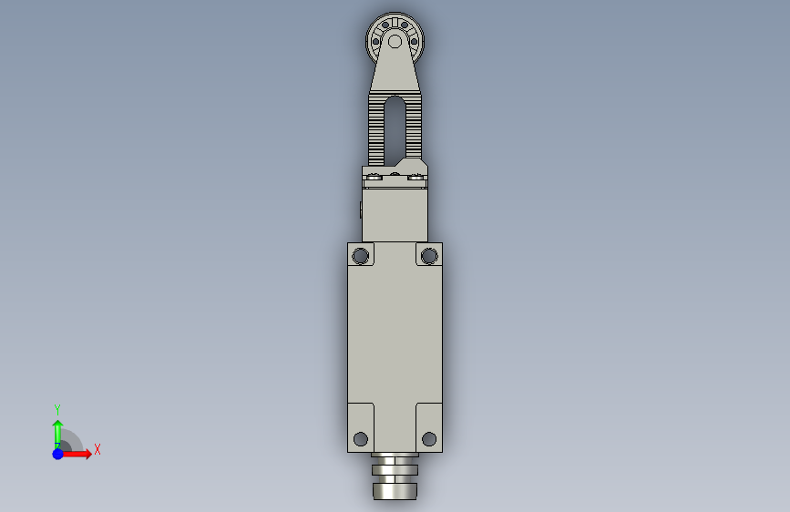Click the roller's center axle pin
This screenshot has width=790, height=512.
395,42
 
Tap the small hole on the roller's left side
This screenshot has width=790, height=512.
375,42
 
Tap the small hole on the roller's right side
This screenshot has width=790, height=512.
415,42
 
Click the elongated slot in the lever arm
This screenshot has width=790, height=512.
395,130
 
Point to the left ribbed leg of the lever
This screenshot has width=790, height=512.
376,129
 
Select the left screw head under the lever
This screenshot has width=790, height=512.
374,177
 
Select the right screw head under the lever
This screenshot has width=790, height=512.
416,177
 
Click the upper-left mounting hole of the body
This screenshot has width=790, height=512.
361,256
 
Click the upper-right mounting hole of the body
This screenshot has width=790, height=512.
429,256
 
